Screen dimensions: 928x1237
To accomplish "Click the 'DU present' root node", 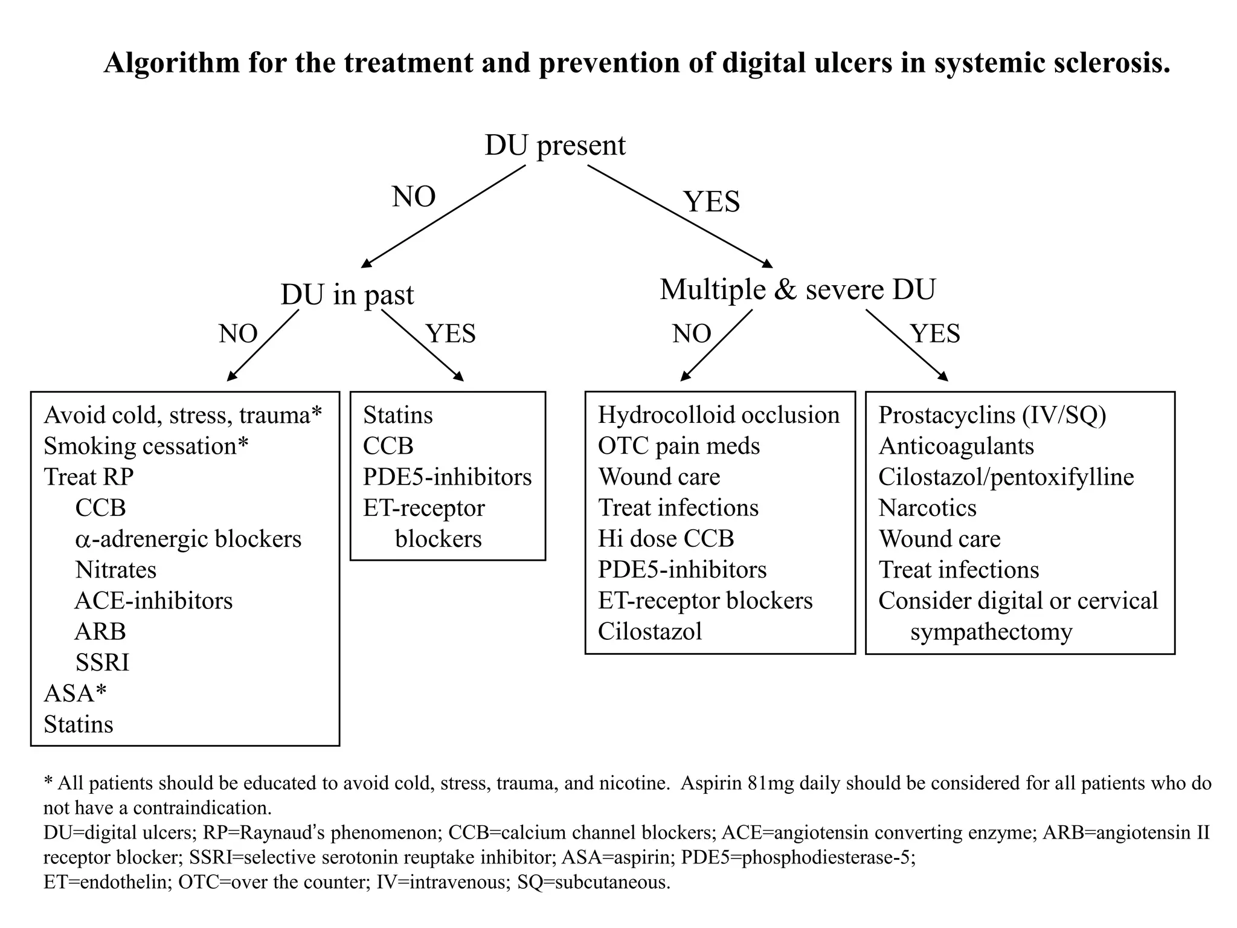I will pos(555,146).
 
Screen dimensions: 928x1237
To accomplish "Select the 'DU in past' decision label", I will pos(347,295).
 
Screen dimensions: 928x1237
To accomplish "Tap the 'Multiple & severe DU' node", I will pos(797,289).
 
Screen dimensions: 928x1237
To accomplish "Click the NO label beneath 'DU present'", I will pos(414,197).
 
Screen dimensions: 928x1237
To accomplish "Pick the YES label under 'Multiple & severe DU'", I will pos(935,333).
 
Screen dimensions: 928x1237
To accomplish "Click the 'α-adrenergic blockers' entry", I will pos(188,539).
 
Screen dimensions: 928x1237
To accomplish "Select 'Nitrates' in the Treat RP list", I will pos(116,570).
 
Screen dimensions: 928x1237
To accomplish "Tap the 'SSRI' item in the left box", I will pos(102,663).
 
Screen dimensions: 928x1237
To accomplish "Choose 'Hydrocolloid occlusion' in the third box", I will pos(719,415).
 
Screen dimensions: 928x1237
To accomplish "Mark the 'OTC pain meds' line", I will pos(679,446).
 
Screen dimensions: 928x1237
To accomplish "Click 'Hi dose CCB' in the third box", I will pos(666,538).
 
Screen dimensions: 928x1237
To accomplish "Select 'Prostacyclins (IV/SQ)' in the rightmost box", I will pos(992,415).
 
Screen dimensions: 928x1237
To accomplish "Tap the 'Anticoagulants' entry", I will pos(956,446).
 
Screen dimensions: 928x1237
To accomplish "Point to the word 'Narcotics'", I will pos(927,508).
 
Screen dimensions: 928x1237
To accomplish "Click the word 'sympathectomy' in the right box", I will pos(991,632).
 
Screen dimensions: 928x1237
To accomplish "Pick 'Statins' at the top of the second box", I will pos(397,415).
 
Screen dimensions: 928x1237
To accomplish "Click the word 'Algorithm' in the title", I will pos(172,63).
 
